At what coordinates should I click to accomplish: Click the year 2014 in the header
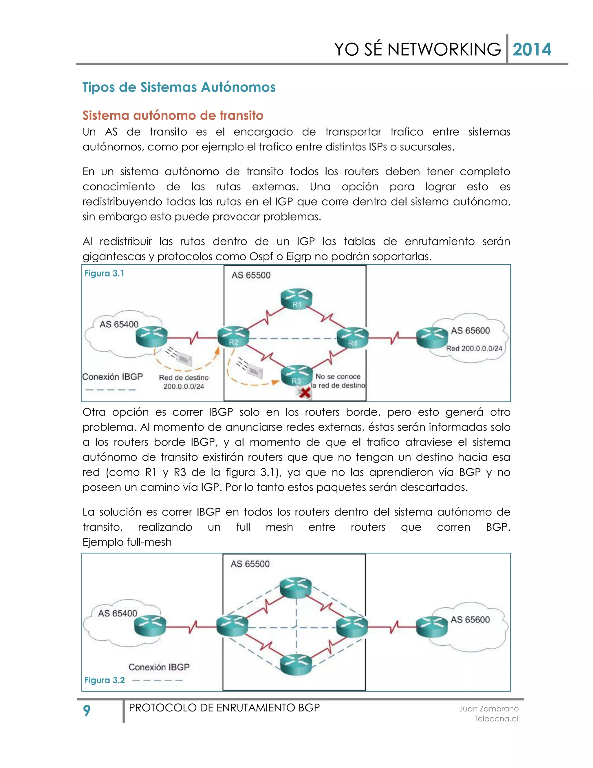pyautogui.click(x=532, y=49)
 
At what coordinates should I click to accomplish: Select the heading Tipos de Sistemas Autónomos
pyautogui.click(x=179, y=87)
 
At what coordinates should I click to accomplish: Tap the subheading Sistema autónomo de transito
pyautogui.click(x=173, y=115)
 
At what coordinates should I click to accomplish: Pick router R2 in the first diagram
pyautogui.click(x=233, y=337)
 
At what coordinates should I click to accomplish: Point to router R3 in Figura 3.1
pyautogui.click(x=297, y=376)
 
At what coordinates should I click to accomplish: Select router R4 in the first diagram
pyautogui.click(x=352, y=338)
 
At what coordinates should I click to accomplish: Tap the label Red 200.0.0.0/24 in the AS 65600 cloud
pyautogui.click(x=474, y=348)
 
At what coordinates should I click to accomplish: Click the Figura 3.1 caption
pyautogui.click(x=104, y=274)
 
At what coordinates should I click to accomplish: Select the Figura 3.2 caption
pyautogui.click(x=105, y=680)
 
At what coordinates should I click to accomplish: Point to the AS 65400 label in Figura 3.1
pyautogui.click(x=119, y=324)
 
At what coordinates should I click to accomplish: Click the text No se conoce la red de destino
pyautogui.click(x=338, y=381)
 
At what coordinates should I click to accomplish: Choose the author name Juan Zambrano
pyautogui.click(x=489, y=709)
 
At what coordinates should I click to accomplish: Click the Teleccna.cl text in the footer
pyautogui.click(x=496, y=719)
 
